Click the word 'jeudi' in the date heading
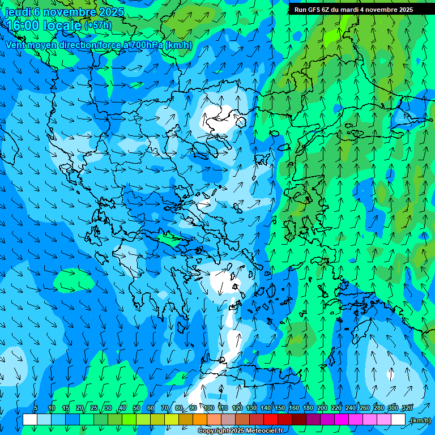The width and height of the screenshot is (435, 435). point(18,11)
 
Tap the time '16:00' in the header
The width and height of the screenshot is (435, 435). point(23,25)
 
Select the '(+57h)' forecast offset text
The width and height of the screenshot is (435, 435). point(98,25)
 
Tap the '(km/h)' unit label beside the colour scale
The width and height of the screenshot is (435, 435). point(420,420)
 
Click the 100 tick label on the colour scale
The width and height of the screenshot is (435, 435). point(209,408)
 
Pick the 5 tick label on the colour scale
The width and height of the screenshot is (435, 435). point(36,408)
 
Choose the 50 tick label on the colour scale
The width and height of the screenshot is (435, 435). point(137,408)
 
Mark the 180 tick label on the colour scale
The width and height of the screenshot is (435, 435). point(308,408)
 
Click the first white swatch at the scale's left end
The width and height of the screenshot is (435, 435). point(30,420)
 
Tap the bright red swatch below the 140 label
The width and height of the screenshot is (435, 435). point(271,420)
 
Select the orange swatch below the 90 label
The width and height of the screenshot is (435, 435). point(200,420)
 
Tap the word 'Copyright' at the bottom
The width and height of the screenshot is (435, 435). point(214,431)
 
